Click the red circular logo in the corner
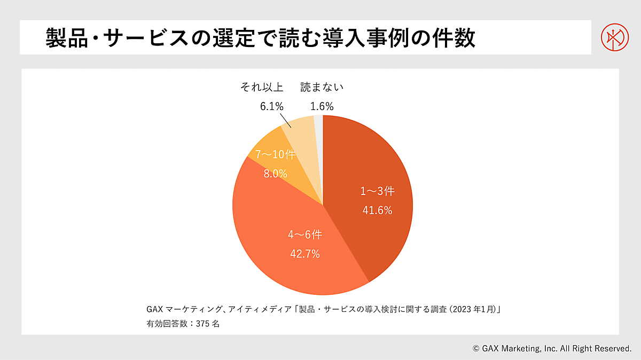(614, 37)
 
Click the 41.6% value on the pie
(377, 210)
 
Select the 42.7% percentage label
(304, 254)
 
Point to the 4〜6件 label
(304, 235)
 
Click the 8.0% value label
(275, 174)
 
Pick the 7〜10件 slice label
(275, 155)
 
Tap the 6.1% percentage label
(271, 106)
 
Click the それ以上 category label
(262, 87)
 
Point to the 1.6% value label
(322, 106)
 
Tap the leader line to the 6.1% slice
(285, 120)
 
